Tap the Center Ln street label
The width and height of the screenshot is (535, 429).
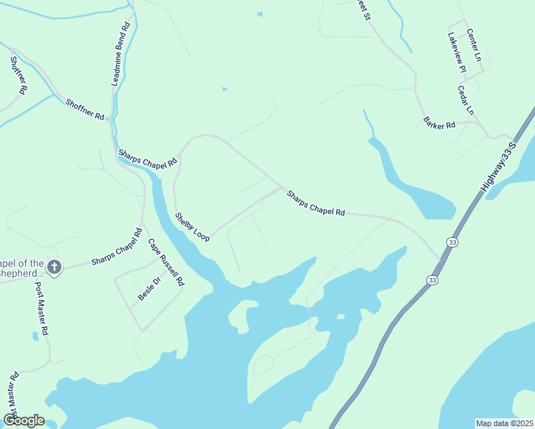pyautogui.click(x=474, y=44)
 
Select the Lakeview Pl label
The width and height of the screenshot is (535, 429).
pyautogui.click(x=456, y=54)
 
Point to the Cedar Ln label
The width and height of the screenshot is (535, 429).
pyautogui.click(x=466, y=100)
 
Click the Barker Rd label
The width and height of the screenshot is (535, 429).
pyautogui.click(x=438, y=123)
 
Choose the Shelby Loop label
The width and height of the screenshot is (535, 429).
pyautogui.click(x=192, y=227)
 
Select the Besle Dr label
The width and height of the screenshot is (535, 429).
pyautogui.click(x=150, y=288)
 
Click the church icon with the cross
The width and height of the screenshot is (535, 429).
pyautogui.click(x=54, y=267)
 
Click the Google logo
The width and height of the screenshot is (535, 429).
pyautogui.click(x=24, y=420)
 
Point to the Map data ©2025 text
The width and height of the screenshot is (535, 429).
pyautogui.click(x=504, y=423)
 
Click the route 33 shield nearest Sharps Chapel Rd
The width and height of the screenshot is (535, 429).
pyautogui.click(x=452, y=242)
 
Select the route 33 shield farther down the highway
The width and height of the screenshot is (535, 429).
pyautogui.click(x=431, y=280)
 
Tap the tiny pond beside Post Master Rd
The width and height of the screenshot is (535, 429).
pyautogui.click(x=36, y=335)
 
